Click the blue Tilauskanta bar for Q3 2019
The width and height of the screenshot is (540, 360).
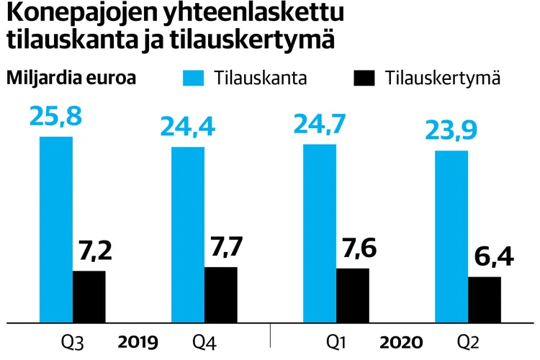click(x=56, y=229)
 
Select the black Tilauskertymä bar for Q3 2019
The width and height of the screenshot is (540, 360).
click(x=89, y=296)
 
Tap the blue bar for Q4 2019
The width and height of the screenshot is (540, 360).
click(x=188, y=234)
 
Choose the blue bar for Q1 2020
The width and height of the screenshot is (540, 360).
click(x=320, y=233)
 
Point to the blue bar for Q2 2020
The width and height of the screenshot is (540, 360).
click(x=451, y=236)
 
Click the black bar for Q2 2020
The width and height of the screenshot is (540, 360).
click(x=485, y=299)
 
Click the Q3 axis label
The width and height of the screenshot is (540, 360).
click(x=73, y=341)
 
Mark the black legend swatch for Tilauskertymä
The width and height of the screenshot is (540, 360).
click(x=365, y=78)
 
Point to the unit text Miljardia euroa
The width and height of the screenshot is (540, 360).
click(x=72, y=78)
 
